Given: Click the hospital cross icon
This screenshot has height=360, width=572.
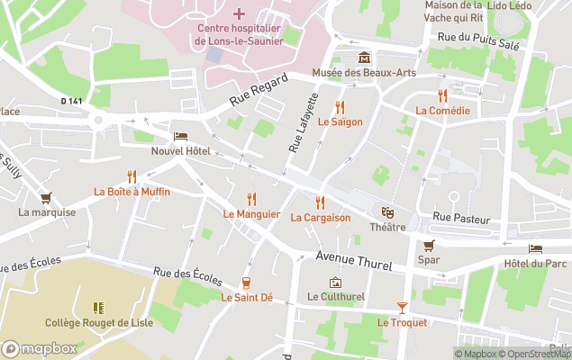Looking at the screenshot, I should click(x=239, y=13).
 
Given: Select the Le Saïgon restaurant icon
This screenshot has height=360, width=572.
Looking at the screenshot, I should click(x=340, y=106).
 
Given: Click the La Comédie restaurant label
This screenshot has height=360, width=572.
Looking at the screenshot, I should click(x=442, y=111).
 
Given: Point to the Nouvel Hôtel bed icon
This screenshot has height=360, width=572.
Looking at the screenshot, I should click(x=180, y=136).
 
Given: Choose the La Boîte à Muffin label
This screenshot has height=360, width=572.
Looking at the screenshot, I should click(x=132, y=192).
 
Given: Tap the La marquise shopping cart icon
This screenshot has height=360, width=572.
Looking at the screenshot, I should click(x=46, y=197).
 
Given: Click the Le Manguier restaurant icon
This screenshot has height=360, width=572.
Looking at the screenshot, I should click(x=252, y=199).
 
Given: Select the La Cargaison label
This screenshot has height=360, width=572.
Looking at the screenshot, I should click(x=320, y=218).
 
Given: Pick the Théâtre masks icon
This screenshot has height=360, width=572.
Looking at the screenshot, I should click(x=387, y=212).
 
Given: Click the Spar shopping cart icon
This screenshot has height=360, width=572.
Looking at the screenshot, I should click(x=429, y=245).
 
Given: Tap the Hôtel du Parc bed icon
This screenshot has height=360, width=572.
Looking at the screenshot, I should click(x=536, y=248).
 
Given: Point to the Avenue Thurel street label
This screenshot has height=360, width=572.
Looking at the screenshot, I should click(x=350, y=257).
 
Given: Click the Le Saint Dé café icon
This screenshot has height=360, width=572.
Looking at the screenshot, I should click(x=246, y=283).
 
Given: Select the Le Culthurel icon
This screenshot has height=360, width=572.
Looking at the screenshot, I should click(x=335, y=282).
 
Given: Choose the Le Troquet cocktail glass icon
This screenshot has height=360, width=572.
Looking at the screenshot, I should click(x=402, y=308).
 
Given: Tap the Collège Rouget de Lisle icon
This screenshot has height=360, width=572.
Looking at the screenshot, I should click(x=97, y=308).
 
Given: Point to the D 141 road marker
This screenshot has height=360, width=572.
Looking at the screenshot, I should click(x=71, y=101).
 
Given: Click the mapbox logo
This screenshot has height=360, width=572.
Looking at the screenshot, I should click(x=40, y=348).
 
